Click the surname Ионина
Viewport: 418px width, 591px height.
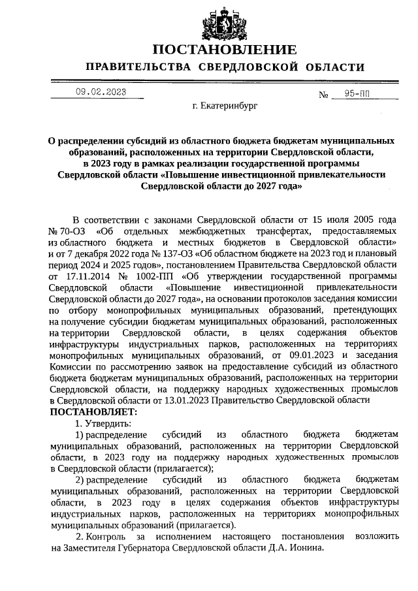304,548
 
